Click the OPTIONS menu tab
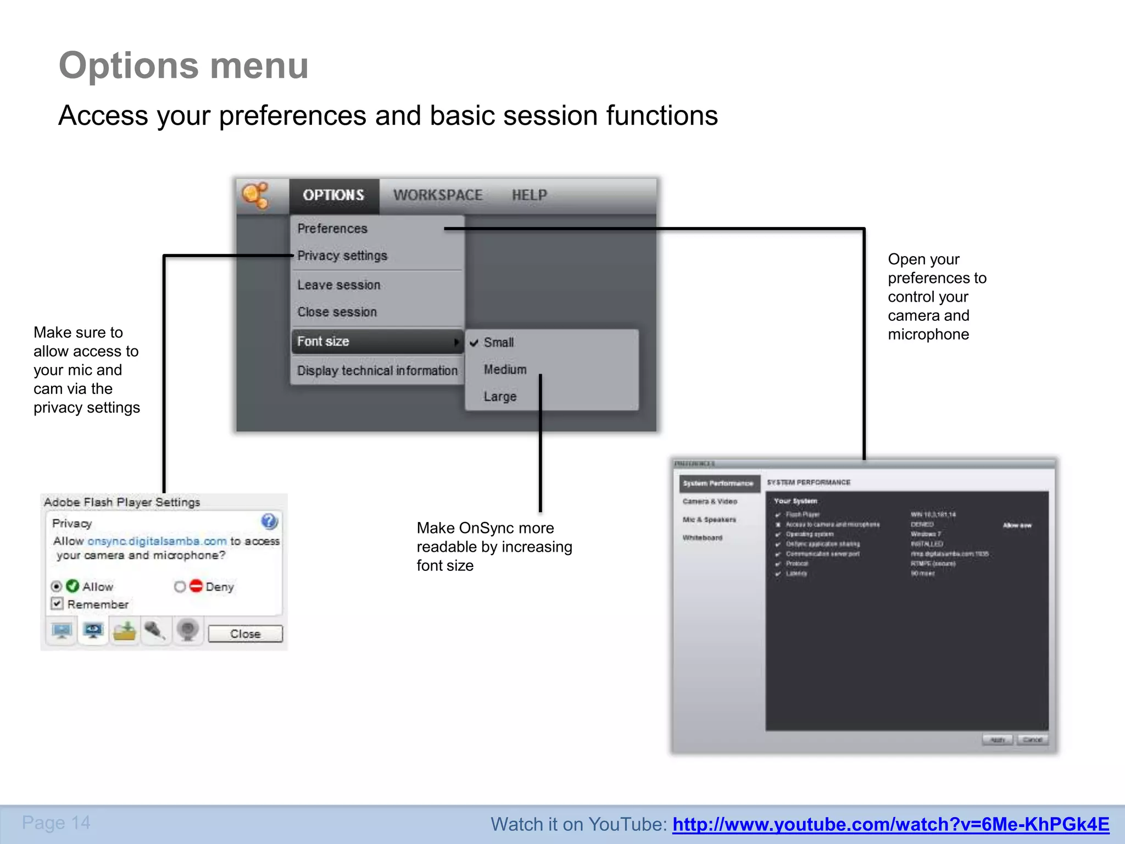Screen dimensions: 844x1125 333,195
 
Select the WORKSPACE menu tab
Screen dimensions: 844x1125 438,195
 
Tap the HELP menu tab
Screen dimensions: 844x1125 529,195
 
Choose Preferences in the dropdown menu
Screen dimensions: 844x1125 332,229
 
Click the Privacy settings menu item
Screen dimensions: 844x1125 342,256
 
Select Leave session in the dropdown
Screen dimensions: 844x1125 339,285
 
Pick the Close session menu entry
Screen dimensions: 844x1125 337,312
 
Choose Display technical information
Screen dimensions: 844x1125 377,370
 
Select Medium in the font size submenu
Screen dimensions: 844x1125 505,369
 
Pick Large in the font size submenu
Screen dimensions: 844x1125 500,396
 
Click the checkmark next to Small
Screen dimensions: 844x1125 474,343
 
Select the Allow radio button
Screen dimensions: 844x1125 56,586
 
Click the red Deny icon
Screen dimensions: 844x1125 196,586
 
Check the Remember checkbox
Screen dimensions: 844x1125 57,604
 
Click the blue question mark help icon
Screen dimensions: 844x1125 269,521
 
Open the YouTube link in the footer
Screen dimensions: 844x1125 890,824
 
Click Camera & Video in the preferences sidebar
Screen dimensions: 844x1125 710,501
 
